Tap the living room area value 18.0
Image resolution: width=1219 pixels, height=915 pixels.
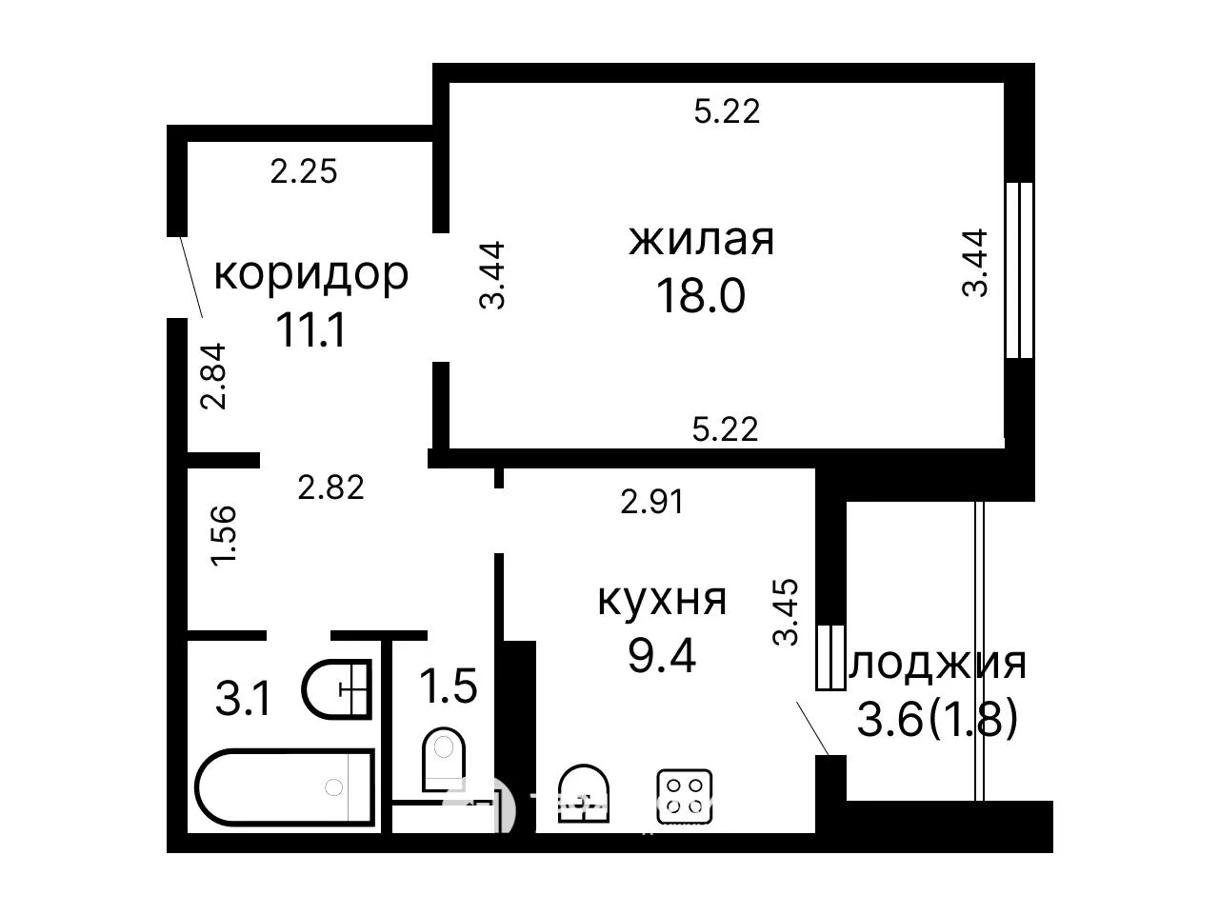(700, 296)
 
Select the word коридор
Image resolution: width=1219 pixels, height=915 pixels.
(311, 275)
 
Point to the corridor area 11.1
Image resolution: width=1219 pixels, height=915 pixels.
(311, 329)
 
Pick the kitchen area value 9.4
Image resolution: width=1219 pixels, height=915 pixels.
(662, 655)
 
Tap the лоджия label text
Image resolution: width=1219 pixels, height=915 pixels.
(937, 666)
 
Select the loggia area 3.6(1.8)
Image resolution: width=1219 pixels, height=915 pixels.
(937, 719)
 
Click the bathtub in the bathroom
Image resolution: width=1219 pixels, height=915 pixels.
(285, 786)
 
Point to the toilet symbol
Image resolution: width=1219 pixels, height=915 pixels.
(443, 759)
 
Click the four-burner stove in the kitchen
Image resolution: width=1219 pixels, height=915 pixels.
(684, 796)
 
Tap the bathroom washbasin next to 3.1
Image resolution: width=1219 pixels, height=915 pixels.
(336, 689)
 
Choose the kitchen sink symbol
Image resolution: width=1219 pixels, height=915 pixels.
(583, 794)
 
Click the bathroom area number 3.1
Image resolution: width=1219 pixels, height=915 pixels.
(243, 699)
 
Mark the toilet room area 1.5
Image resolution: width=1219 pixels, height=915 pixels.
(449, 686)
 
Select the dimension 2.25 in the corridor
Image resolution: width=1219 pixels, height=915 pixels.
(304, 171)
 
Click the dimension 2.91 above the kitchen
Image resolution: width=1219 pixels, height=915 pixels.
(652, 502)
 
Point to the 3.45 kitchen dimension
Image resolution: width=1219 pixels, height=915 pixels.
(786, 612)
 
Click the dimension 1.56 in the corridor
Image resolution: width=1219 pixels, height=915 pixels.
(223, 535)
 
